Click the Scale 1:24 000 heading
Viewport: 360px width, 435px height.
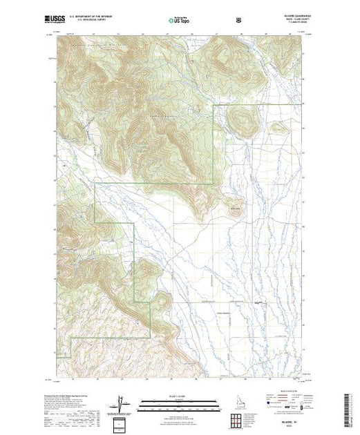click(178, 397)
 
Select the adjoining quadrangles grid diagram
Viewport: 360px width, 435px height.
click(238, 417)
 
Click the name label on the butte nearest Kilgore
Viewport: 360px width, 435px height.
click(233, 206)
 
